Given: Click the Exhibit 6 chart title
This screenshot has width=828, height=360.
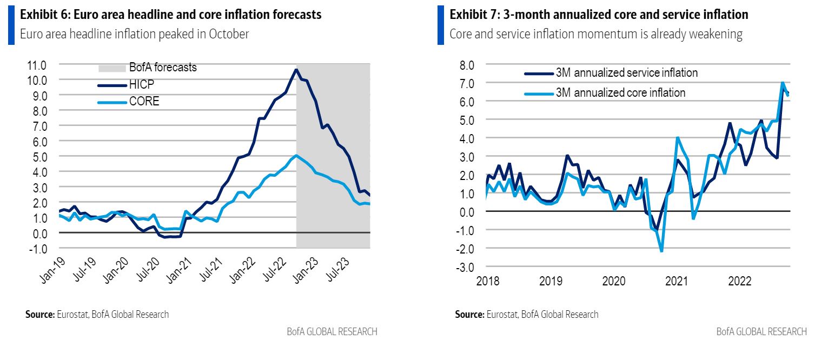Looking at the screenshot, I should (170, 15).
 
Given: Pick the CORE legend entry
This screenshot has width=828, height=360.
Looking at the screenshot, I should (144, 101).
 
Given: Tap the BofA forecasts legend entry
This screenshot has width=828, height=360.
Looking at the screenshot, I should (162, 68).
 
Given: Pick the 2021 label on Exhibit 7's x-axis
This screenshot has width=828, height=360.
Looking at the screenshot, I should (677, 282).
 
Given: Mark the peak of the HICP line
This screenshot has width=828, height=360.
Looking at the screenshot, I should (296, 69).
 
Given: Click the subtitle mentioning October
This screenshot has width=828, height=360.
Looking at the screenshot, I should (135, 34).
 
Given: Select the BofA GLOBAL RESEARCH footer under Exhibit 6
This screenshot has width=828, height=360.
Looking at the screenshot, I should (332, 331).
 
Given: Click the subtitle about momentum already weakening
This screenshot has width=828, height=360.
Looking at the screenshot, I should (595, 34).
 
